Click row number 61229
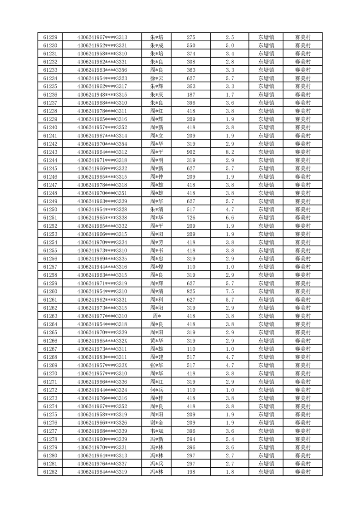click(x=50, y=37)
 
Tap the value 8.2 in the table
click(x=229, y=152)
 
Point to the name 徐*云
click(x=156, y=78)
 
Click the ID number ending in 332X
click(x=102, y=341)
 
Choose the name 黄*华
click(x=156, y=341)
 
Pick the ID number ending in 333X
click(x=102, y=365)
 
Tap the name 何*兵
click(x=156, y=390)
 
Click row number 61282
click(x=50, y=472)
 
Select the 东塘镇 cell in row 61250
click(x=266, y=210)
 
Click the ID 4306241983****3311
click(x=102, y=357)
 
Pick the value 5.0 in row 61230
click(x=229, y=45)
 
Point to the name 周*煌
click(x=156, y=267)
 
